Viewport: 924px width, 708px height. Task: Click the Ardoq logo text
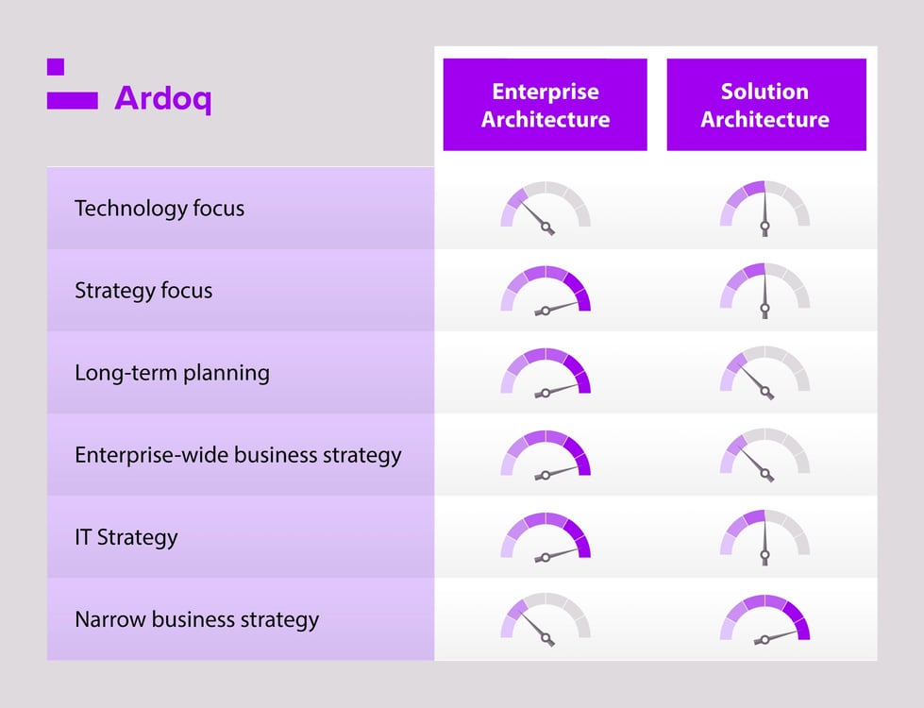tap(162, 99)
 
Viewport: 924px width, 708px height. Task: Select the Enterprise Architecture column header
tap(546, 105)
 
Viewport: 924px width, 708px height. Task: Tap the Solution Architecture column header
tap(765, 105)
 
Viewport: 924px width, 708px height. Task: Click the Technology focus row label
tap(160, 209)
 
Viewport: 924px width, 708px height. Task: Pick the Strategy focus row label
tap(143, 291)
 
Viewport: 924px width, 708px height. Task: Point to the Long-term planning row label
tap(172, 373)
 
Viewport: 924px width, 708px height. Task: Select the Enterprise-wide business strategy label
tap(238, 455)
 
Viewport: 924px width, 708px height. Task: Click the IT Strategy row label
tap(126, 537)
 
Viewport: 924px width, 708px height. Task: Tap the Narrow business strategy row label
tap(197, 620)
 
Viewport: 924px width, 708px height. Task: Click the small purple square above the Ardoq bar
tap(56, 67)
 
